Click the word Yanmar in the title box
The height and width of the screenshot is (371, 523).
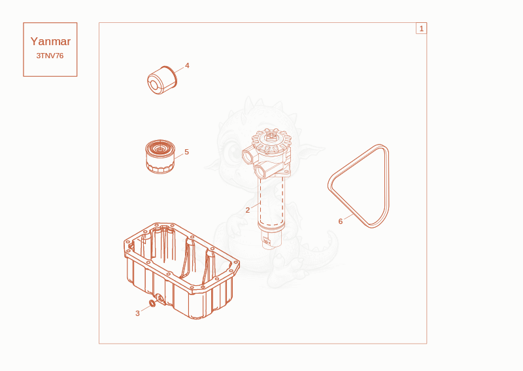50,41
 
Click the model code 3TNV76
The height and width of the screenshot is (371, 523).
50,56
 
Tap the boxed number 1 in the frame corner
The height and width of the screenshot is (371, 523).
421,28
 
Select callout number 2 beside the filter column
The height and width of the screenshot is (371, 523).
248,210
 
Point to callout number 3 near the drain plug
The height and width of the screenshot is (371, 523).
137,313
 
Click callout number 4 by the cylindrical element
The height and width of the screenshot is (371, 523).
187,65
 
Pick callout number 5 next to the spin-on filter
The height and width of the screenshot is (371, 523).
186,152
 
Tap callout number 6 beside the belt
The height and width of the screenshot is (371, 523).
340,221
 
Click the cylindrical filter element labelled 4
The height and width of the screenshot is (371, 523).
162,80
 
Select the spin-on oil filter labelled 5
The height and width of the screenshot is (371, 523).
160,156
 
